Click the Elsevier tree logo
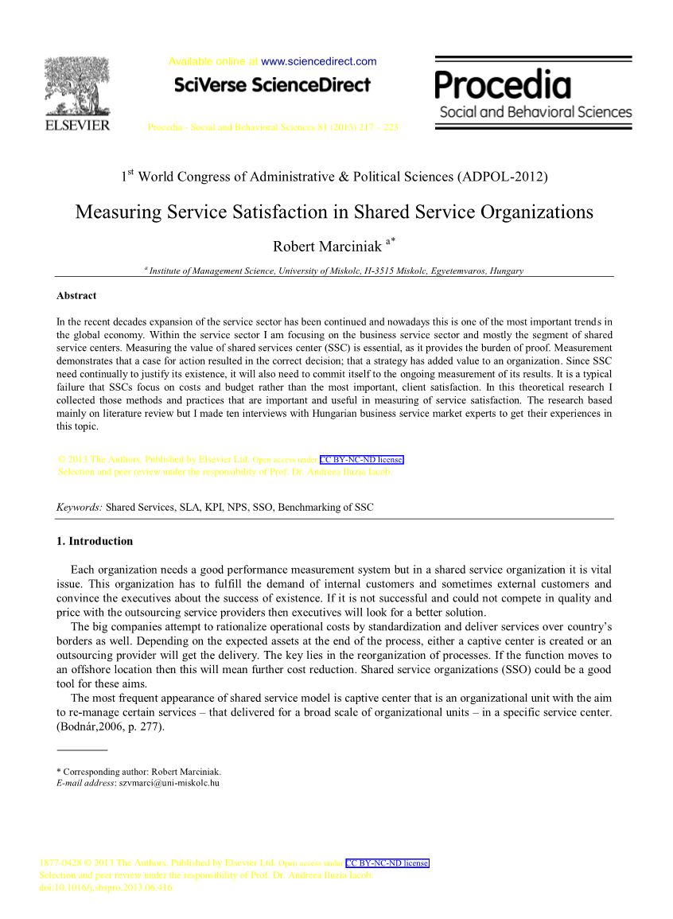pyautogui.click(x=77, y=87)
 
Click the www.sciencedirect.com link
pyautogui.click(x=318, y=61)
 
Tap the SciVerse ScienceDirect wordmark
pyautogui.click(x=271, y=84)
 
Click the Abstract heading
pyautogui.click(x=76, y=296)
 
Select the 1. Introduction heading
pyautogui.click(x=95, y=542)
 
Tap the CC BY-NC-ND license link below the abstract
pyautogui.click(x=362, y=460)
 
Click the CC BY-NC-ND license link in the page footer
pyautogui.click(x=387, y=863)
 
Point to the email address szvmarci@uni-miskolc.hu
pyautogui.click(x=169, y=783)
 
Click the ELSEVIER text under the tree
pyautogui.click(x=77, y=126)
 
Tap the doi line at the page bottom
pyautogui.click(x=106, y=887)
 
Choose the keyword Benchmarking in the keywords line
pyautogui.click(x=321, y=508)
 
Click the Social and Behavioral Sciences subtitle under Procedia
pyautogui.click(x=535, y=112)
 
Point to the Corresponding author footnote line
pyautogui.click(x=139, y=772)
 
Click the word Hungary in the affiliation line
pyautogui.click(x=507, y=271)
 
